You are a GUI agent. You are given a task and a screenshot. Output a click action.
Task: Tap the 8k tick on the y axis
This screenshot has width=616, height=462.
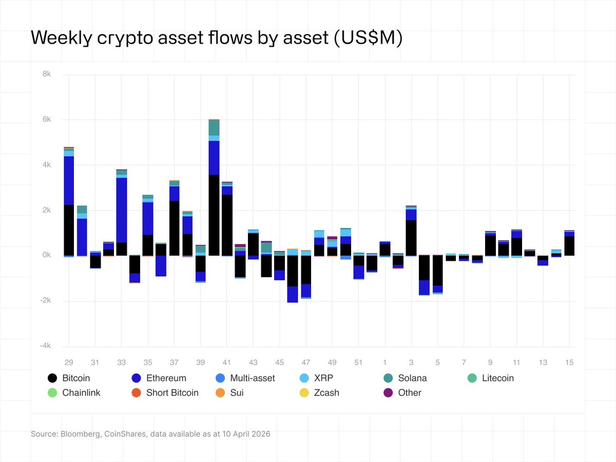point(46,74)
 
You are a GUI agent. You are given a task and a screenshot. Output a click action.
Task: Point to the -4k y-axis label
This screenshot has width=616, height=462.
point(45,346)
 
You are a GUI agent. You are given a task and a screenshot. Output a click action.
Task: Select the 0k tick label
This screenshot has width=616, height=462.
point(46,256)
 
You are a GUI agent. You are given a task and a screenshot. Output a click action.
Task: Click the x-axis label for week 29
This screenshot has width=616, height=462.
point(69,362)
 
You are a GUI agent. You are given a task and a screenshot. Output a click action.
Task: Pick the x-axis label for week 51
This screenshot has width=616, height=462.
point(358,362)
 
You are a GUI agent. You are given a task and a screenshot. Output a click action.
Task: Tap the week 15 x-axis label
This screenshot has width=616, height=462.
point(569,362)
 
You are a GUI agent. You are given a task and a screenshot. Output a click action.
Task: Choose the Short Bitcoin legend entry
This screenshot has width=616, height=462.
point(172,393)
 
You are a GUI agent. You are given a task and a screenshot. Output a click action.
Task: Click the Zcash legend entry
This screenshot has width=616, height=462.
point(326,393)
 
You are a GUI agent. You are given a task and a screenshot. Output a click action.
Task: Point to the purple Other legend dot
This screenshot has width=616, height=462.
point(388,393)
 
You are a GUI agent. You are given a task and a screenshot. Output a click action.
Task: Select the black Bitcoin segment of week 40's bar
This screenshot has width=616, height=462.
point(214,216)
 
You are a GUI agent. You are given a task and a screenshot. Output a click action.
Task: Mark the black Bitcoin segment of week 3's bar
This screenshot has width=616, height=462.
point(411,238)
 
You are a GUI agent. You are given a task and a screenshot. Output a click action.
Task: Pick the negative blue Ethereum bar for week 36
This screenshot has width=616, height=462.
point(161,266)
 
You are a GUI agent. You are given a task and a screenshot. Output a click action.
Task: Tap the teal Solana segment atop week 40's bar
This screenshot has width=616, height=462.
point(214,128)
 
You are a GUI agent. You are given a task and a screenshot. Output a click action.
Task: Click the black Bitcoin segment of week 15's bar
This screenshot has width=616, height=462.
point(569,246)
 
